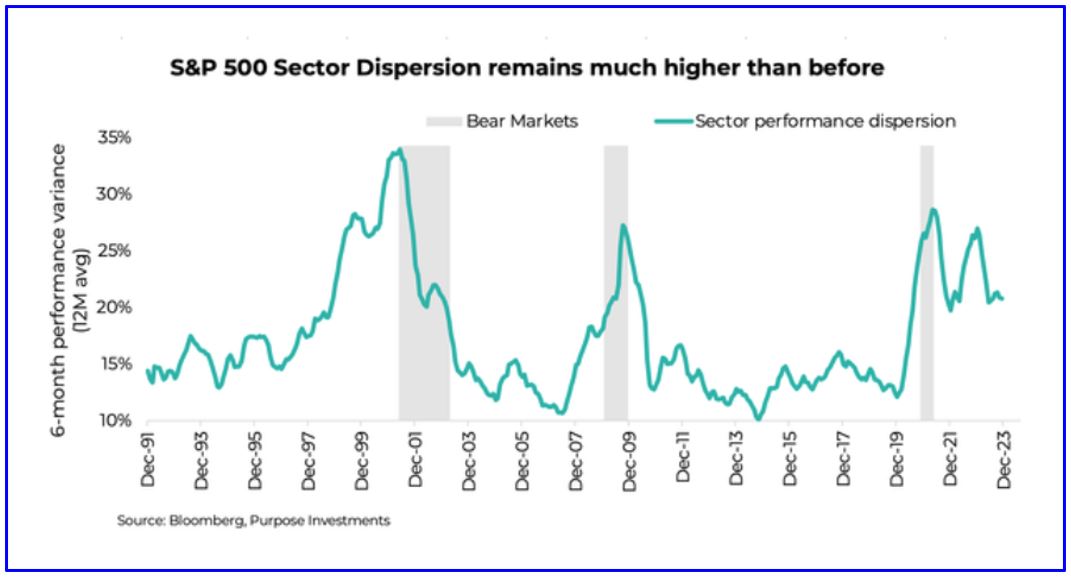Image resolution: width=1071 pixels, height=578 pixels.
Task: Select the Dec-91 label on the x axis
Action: point(148,461)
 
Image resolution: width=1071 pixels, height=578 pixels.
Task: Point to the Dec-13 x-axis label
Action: point(736,461)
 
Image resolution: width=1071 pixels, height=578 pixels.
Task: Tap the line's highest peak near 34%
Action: point(399,150)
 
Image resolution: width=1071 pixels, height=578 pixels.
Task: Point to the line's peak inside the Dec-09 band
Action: point(623,225)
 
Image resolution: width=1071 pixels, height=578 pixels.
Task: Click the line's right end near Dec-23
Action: point(1003,299)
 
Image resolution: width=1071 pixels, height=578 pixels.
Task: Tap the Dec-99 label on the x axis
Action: point(362,461)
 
